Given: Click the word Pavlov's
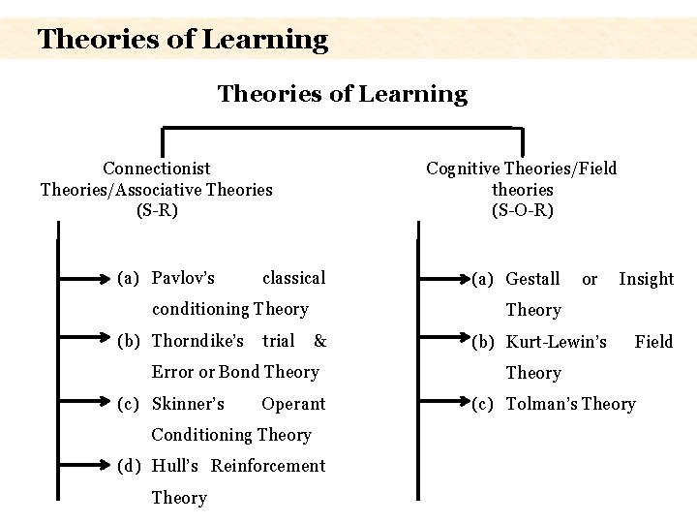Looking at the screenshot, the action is [x=184, y=279].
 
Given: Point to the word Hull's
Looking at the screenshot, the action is [x=175, y=466].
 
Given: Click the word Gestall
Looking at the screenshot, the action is [x=532, y=279].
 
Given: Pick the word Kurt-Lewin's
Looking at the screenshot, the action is [x=557, y=342].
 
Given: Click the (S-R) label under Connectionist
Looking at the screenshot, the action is [x=157, y=209].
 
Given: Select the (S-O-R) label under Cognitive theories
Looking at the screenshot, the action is [x=522, y=209].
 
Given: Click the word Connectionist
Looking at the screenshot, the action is [x=157, y=169].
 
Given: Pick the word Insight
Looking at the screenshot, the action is [x=646, y=279].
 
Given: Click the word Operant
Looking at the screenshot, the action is [x=293, y=404].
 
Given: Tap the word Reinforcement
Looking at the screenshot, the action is [x=268, y=466].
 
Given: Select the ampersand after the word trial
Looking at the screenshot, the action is [x=320, y=341].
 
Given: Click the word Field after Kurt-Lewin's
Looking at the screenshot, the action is [x=653, y=342].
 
